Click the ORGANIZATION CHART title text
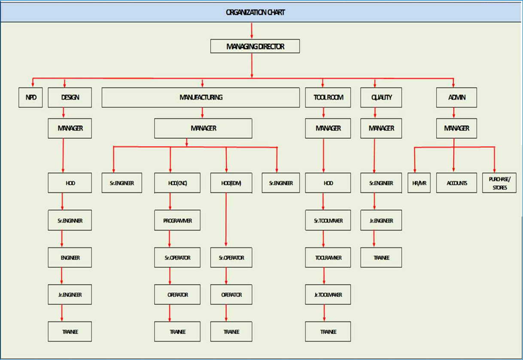255,12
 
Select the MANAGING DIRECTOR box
255,46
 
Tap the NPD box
31,98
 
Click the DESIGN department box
70,98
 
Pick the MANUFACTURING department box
201,98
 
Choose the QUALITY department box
381,98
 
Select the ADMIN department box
456,98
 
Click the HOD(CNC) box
177,183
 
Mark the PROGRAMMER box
177,221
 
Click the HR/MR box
419,183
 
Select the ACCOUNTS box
456,183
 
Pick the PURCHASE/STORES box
499,183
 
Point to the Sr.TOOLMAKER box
328,221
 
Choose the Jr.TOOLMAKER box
328,295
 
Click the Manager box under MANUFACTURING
203,128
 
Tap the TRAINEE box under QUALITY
381,258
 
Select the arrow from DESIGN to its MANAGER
64,113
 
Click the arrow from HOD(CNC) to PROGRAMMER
170,201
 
